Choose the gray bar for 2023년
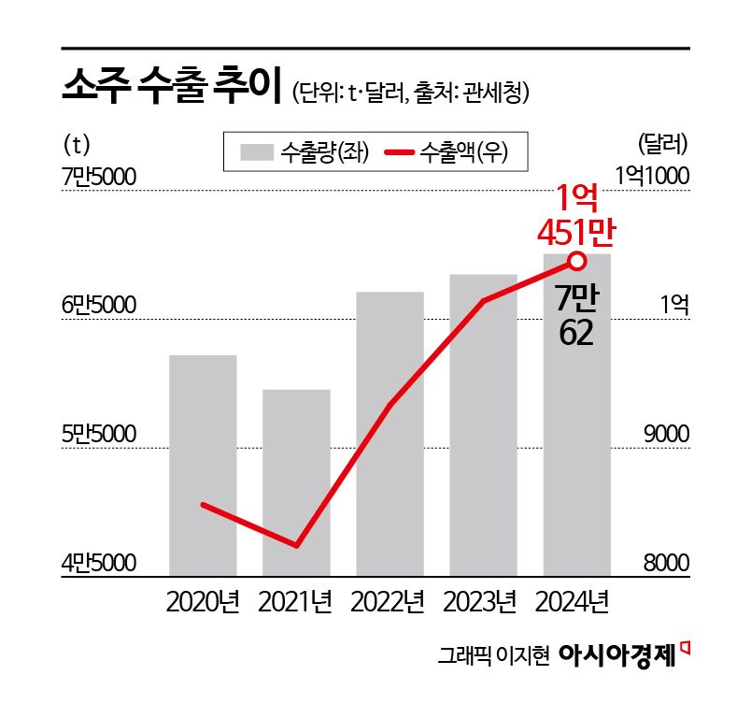483,424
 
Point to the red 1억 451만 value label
576,214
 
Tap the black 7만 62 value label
575,315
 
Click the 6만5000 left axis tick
98,306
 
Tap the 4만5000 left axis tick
98,563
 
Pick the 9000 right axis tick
664,435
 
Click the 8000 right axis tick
664,563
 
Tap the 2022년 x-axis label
389,601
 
